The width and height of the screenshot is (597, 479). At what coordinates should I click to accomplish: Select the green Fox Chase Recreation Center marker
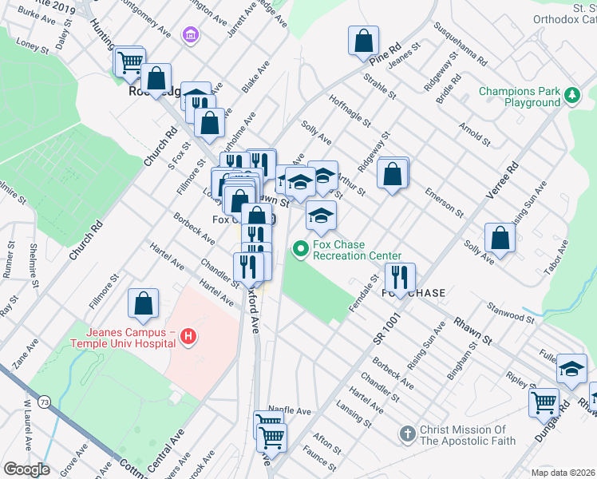point(301,250)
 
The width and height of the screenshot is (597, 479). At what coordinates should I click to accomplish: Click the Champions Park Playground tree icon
point(571,97)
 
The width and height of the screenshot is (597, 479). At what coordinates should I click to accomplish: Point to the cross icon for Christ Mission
point(407,434)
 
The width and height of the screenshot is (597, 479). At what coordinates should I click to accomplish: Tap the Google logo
point(26,469)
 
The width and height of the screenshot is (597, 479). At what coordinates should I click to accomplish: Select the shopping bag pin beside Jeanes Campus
point(143,303)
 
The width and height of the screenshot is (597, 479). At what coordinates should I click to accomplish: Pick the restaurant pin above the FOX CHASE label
point(397,278)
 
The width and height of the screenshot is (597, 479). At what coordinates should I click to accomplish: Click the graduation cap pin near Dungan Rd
point(571,369)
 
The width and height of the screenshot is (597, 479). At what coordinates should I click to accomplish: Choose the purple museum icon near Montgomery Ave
point(191,35)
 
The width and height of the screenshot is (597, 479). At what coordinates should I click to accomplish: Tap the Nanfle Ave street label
point(289,410)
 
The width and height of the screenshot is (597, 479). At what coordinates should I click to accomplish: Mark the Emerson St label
point(444,203)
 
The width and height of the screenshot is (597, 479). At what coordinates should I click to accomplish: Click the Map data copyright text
point(562,472)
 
